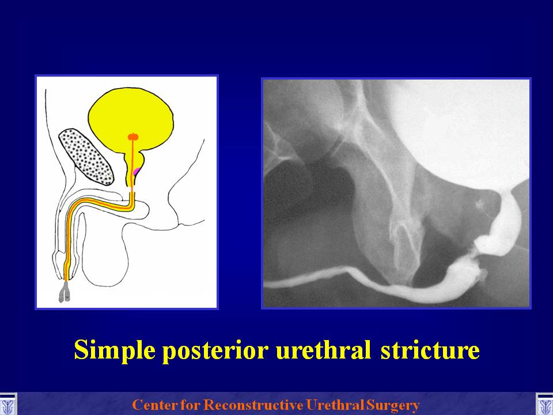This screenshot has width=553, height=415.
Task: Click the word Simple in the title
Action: point(115,350)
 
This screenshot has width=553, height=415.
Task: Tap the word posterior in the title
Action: point(215,350)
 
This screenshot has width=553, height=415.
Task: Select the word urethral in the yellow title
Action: point(323,349)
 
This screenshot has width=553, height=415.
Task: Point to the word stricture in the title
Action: point(430,349)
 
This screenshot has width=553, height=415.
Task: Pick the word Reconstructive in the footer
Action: point(253,405)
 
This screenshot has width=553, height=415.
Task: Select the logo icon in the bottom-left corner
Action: point(8,405)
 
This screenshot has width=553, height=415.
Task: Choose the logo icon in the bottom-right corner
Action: point(544,405)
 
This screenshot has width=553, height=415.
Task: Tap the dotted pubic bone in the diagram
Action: point(86,157)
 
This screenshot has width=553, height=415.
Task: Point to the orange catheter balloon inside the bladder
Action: point(133,137)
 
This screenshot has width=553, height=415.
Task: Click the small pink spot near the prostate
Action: point(136,172)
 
